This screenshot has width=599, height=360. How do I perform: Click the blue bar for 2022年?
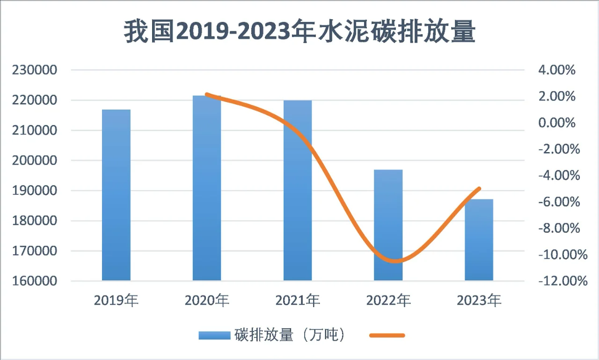(388, 225)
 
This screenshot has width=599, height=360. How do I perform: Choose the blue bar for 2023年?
(479, 240)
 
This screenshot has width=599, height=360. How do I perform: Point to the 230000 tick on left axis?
(36, 70)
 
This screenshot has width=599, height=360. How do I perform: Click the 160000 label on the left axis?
(36, 281)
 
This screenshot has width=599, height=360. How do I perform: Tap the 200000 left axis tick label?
(36, 161)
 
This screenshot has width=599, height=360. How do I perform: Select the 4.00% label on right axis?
(556, 70)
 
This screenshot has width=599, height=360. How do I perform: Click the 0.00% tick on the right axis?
(556, 123)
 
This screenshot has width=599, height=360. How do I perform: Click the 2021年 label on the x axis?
(298, 300)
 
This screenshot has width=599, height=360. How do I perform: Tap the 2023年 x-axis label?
(479, 300)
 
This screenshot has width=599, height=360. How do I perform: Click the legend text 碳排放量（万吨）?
(290, 335)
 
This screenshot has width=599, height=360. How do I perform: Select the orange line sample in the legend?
(387, 335)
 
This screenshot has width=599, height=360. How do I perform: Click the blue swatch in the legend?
(215, 335)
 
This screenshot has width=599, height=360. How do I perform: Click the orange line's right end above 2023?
(479, 189)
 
